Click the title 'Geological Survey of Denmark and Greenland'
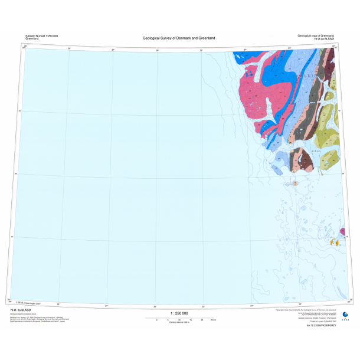pos(179,38)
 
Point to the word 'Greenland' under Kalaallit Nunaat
pos(32,39)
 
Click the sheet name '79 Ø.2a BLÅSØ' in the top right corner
pos(324,40)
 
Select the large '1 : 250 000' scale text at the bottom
pos(179,313)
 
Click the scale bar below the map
pos(179,318)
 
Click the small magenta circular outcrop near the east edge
pos(341,231)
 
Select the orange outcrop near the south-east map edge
pos(334,242)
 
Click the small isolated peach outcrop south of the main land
pos(295,184)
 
